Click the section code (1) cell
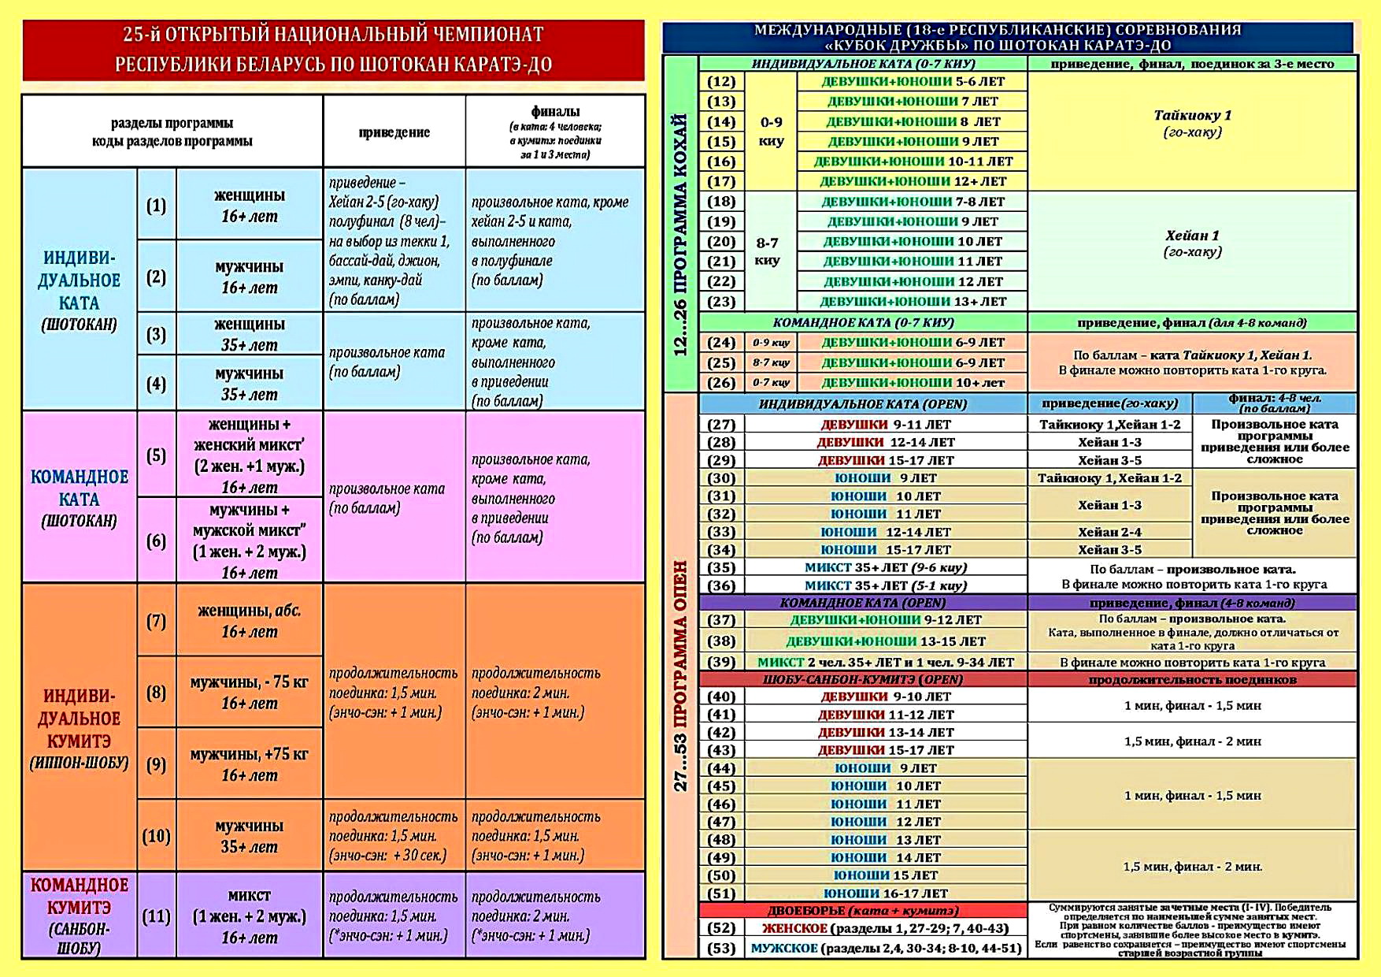[156, 206]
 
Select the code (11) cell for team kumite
[156, 916]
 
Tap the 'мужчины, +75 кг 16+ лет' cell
[249, 764]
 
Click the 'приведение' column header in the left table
[394, 132]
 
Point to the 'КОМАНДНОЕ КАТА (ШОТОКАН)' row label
[79, 498]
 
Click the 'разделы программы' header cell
[172, 132]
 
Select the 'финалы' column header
[555, 132]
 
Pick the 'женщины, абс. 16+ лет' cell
[249, 621]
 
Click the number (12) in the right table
[720, 82]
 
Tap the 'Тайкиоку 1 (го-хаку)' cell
[1192, 123]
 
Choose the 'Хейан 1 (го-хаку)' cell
[1192, 243]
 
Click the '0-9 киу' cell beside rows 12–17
[771, 132]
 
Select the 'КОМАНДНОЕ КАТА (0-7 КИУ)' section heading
[863, 322]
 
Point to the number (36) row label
[720, 585]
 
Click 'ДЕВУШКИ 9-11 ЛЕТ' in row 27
[885, 425]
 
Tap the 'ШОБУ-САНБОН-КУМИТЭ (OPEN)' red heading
[863, 679]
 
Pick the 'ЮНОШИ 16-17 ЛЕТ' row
[885, 893]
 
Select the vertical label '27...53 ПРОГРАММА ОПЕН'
[681, 675]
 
